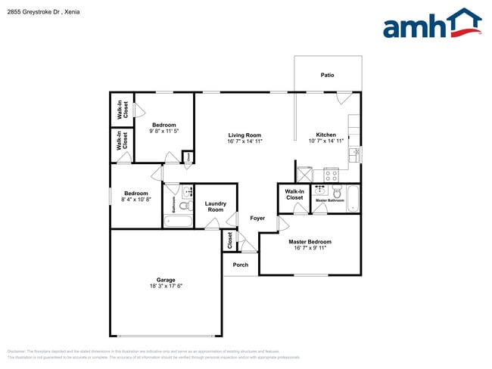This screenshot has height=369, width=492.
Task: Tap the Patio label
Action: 327,75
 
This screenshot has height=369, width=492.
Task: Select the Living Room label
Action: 244,135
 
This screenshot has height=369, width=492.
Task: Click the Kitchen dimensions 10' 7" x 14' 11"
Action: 326,141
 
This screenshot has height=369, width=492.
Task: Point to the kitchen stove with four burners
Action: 331,175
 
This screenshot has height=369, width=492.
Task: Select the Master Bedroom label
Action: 310,242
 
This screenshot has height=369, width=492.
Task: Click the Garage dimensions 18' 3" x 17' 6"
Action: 165,286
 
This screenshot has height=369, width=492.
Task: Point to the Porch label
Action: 241,265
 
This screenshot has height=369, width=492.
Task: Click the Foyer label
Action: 257,218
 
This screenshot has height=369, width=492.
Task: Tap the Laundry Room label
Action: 216,206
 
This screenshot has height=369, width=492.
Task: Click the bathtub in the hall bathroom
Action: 179,221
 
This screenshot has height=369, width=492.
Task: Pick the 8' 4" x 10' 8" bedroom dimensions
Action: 136,200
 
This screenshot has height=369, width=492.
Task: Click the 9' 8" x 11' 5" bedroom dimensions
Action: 163,131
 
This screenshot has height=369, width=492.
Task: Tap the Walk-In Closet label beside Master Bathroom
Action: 294,194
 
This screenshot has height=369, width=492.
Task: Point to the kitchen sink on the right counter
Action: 354,153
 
